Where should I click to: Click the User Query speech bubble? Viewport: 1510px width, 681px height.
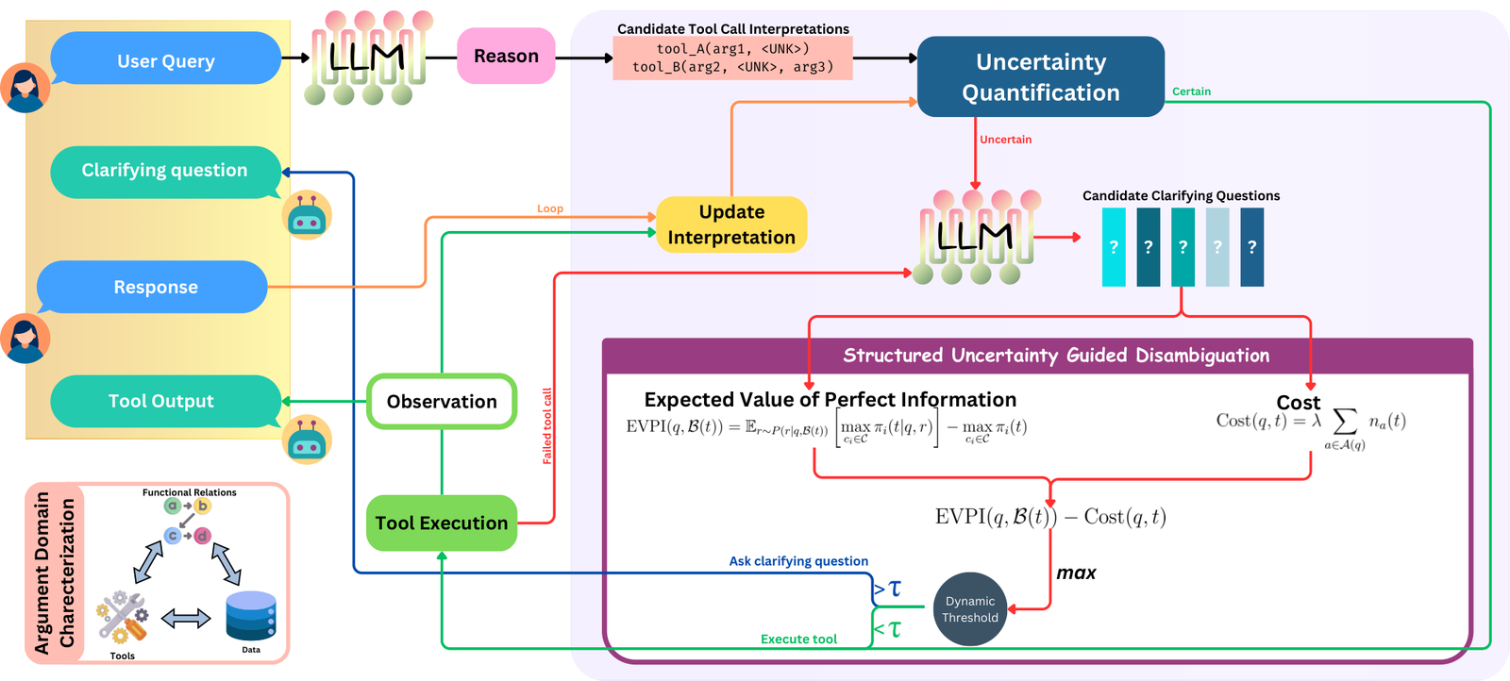[x=166, y=58]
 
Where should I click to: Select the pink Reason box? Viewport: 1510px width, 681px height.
[x=506, y=56]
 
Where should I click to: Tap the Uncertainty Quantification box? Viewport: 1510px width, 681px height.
[x=1041, y=76]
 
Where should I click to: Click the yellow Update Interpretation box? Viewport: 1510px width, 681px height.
[x=731, y=224]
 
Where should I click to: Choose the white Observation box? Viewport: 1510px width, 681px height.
[x=442, y=402]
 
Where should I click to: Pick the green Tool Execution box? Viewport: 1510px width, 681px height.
[x=442, y=523]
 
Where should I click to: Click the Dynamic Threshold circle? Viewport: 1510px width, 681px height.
[x=970, y=609]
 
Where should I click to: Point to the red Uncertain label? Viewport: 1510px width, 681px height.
[x=1005, y=140]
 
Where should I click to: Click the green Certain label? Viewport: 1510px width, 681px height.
[x=1191, y=91]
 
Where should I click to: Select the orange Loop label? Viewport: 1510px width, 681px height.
[x=549, y=208]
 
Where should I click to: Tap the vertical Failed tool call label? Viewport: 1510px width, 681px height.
[x=547, y=425]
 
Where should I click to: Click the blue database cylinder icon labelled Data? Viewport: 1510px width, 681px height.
[x=251, y=616]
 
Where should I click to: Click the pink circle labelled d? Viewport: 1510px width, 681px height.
[x=202, y=536]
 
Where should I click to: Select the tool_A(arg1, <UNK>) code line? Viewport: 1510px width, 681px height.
[x=732, y=48]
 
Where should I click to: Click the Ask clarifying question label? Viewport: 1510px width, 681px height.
[x=798, y=561]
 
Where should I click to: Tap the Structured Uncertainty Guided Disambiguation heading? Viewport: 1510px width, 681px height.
[x=1056, y=355]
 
